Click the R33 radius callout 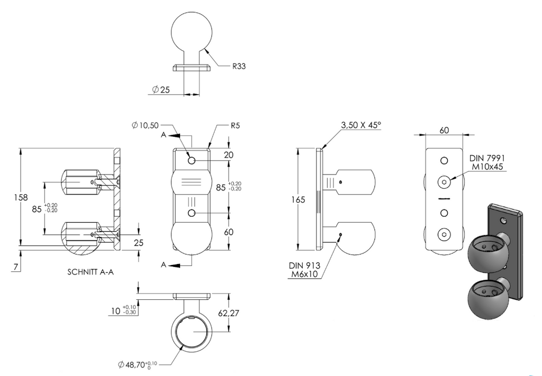click(239, 66)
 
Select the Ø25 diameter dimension click(161, 90)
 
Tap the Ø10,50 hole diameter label click(145, 125)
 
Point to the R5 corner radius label click(235, 125)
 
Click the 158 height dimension click(21, 197)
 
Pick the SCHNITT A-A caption click(91, 272)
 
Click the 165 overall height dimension click(299, 199)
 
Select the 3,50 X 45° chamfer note click(361, 125)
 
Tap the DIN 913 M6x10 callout click(304, 270)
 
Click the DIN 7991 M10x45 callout click(487, 162)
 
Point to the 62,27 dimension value click(229, 313)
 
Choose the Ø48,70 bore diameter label click(138, 364)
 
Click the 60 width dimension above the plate click(444, 130)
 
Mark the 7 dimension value click(15, 267)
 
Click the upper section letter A click(164, 135)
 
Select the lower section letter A click(164, 265)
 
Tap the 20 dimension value click(229, 155)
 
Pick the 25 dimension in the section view click(138, 243)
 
